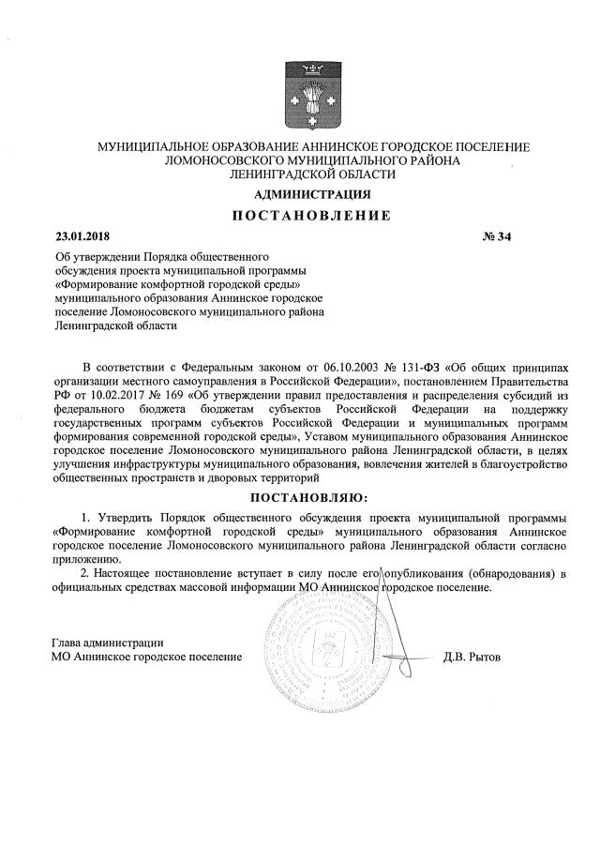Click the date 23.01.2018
point(82,235)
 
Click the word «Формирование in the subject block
point(97,283)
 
